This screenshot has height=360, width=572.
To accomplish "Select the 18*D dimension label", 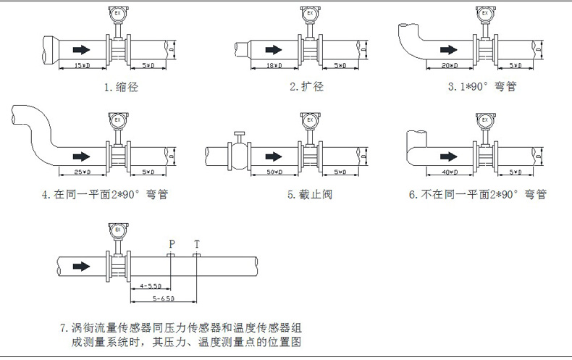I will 274,66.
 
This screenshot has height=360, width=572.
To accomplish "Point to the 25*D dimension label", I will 82,172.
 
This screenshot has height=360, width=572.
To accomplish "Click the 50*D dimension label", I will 274,172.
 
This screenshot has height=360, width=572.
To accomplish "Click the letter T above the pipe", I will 197,243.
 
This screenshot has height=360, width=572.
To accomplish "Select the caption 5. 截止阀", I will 312,194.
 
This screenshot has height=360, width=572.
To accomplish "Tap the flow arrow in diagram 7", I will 82,266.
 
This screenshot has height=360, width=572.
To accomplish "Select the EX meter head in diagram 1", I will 116,14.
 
